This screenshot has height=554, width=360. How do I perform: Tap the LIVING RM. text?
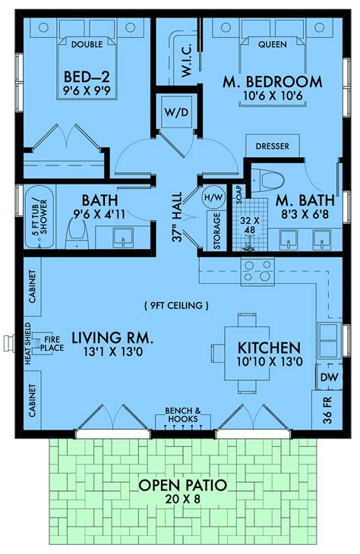point(113,336)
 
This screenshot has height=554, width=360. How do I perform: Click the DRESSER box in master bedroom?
point(272,146)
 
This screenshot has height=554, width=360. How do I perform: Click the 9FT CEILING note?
point(175,306)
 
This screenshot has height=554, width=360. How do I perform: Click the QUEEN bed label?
point(273,44)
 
